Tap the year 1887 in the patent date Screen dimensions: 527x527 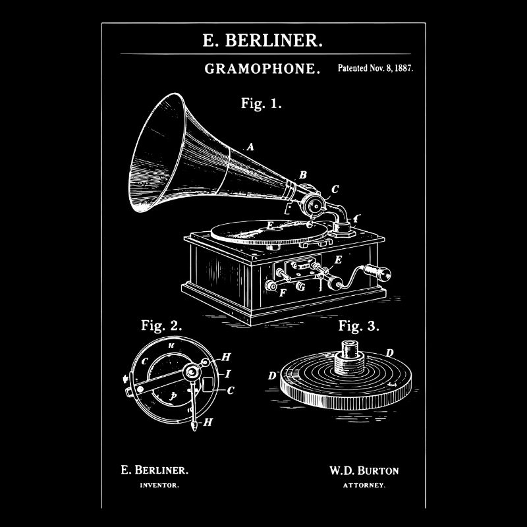click(401, 68)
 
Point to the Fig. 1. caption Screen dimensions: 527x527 click(262, 103)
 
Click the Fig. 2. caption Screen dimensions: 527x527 click(161, 325)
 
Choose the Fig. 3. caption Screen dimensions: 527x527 click(359, 325)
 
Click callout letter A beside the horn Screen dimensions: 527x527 click(250, 148)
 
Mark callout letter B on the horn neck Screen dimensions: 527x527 click(303, 175)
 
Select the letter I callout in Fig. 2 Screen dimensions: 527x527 click(227, 374)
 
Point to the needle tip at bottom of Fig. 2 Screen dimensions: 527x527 click(195, 427)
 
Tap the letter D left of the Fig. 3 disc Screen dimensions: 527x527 click(271, 375)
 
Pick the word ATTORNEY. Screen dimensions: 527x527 click(364, 485)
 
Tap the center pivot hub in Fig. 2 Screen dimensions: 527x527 click(192, 373)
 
